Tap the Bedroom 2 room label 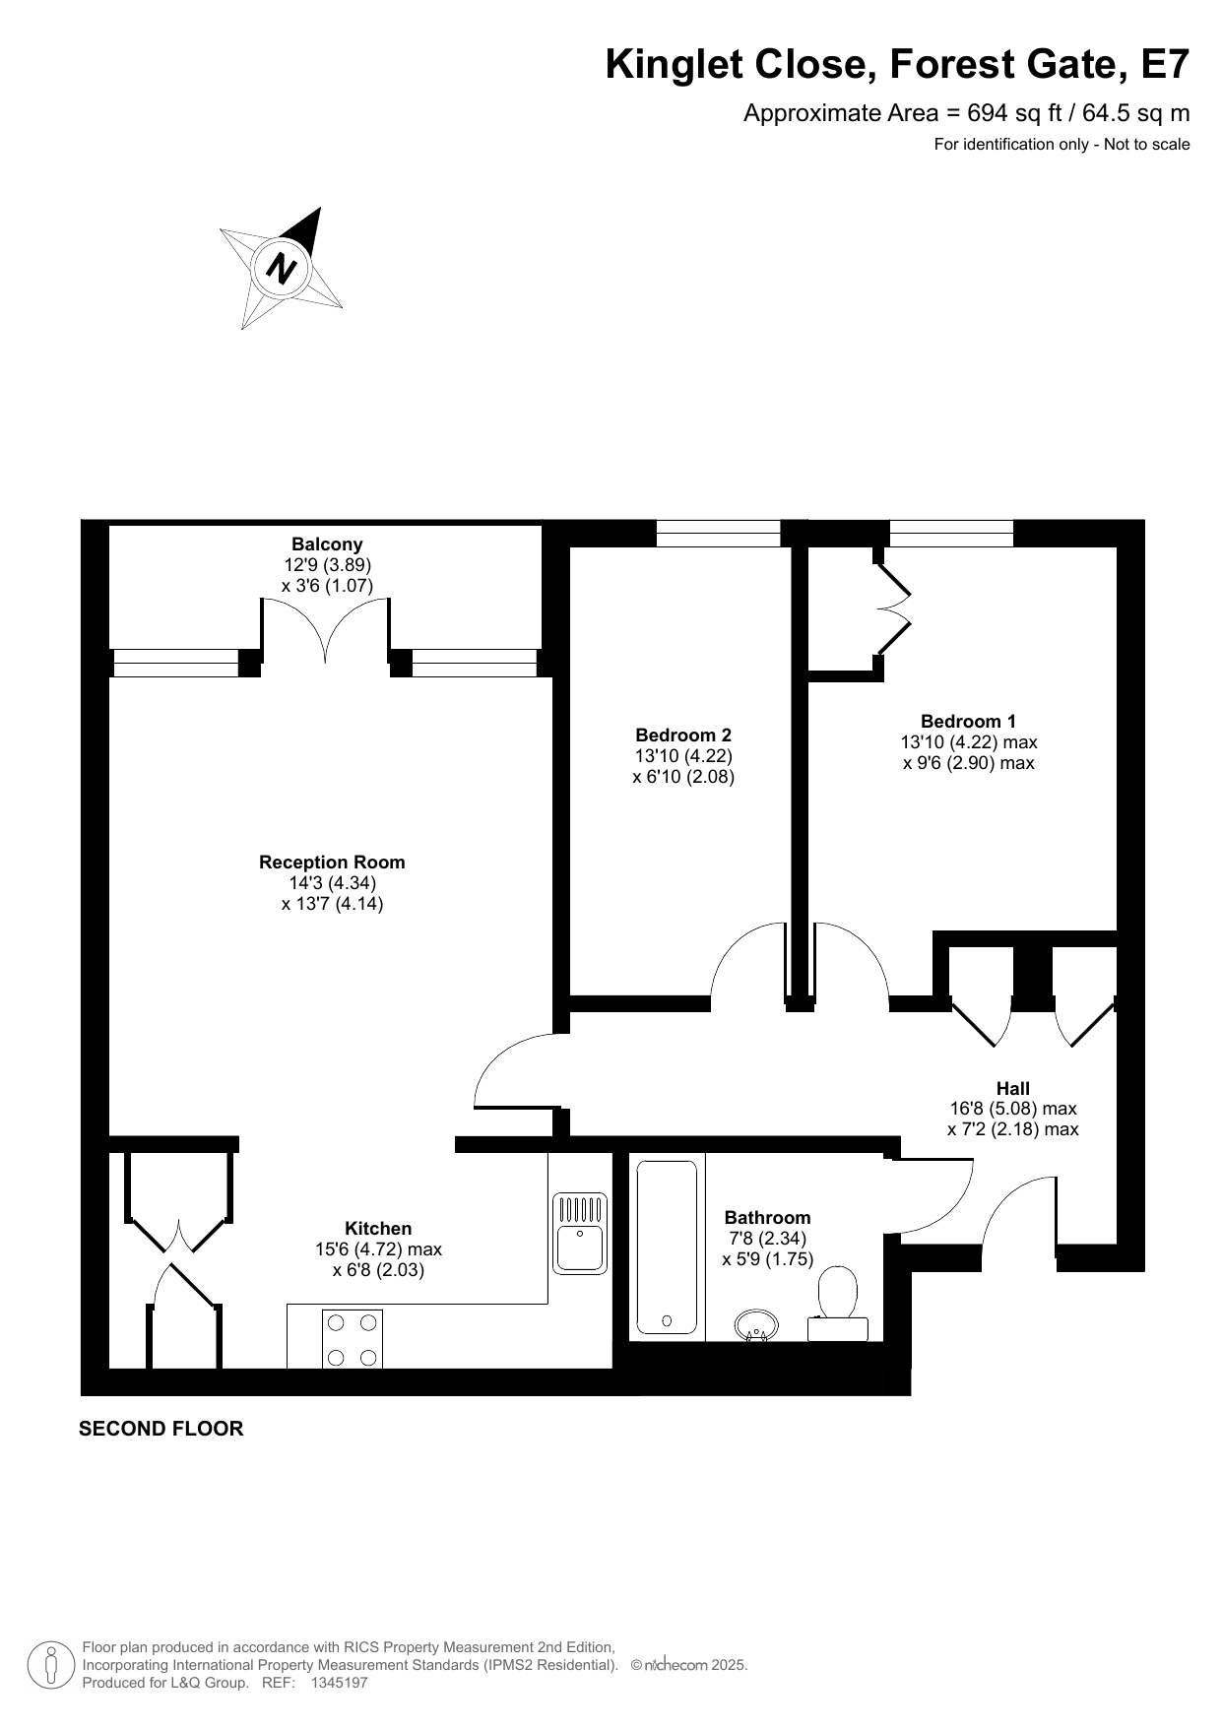pos(683,735)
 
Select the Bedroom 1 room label pos(968,721)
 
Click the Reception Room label pos(332,862)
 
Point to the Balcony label pos(327,544)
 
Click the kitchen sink pos(580,1233)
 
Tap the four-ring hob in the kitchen pos(353,1339)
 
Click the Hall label pos(1013,1088)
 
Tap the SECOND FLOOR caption pos(161,1428)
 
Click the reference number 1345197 pos(339,1683)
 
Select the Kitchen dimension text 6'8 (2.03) pos(378,1270)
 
